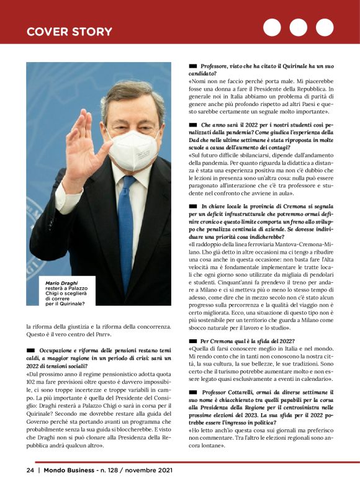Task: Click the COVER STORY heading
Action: (69, 32)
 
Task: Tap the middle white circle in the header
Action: (298, 28)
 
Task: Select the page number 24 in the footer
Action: (30, 470)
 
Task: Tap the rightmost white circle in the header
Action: (324, 28)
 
